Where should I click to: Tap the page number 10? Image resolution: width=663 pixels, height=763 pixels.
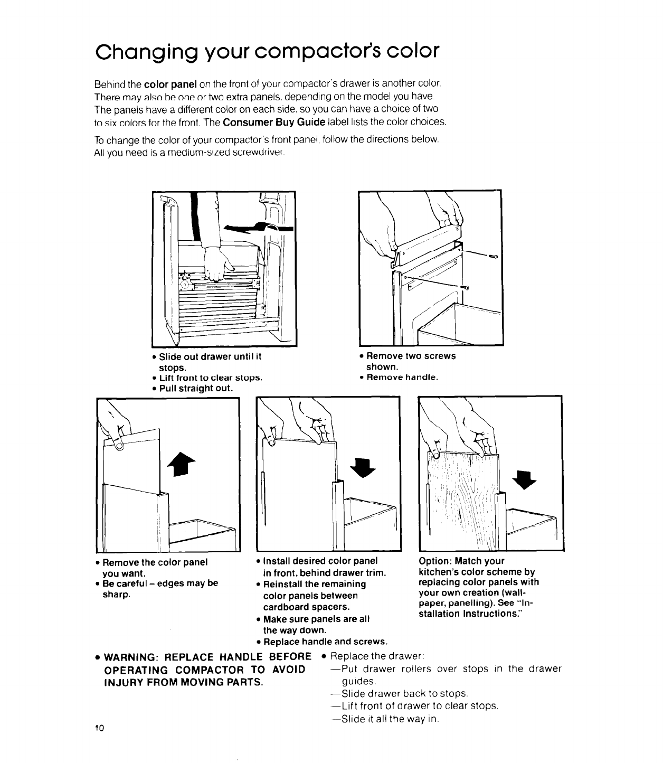(99, 728)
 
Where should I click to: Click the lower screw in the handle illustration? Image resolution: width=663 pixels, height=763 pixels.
(466, 287)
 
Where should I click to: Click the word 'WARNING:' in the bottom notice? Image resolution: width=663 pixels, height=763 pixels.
(131, 657)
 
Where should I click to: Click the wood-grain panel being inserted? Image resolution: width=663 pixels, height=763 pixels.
(465, 491)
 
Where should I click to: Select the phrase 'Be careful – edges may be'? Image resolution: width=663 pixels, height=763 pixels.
(160, 583)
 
